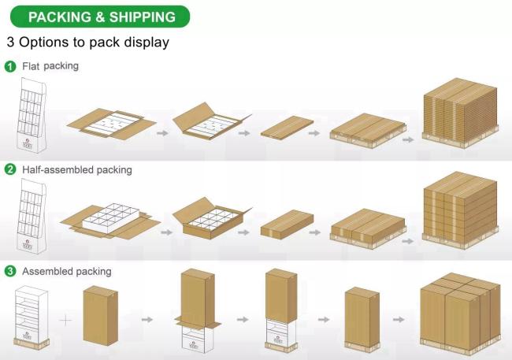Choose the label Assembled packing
click(x=66, y=272)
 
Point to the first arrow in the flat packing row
click(x=163, y=133)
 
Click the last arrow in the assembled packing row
click(x=399, y=319)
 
